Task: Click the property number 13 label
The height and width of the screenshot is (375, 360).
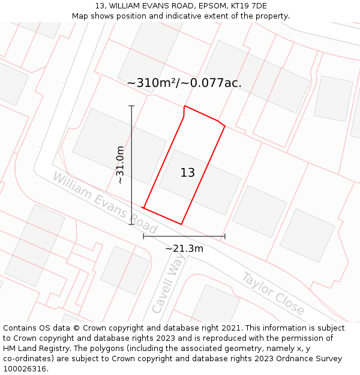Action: [188, 173]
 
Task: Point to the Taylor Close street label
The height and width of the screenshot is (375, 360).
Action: [273, 293]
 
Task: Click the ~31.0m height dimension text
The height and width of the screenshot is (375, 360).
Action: [120, 164]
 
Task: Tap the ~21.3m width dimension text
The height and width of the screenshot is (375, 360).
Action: [184, 248]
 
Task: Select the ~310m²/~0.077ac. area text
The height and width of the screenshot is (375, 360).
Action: [184, 83]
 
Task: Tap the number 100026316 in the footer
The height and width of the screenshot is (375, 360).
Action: [25, 369]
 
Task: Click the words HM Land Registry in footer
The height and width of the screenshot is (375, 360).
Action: [31, 349]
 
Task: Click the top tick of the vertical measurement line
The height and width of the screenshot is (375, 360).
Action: [131, 106]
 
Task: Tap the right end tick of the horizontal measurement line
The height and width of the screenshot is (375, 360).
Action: [225, 236]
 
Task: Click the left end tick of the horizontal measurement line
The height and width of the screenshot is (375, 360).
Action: [143, 236]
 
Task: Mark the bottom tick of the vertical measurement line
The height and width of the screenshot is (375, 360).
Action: [131, 224]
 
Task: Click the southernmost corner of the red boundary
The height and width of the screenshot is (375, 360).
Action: [181, 224]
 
